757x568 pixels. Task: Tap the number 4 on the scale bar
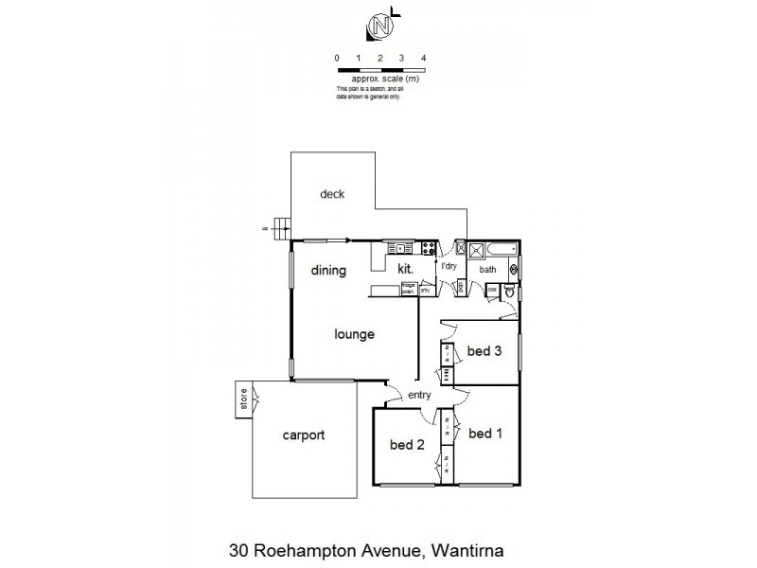(423, 59)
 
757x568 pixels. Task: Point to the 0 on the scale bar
(337, 59)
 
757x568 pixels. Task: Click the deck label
(331, 195)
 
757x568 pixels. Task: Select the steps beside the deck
(280, 225)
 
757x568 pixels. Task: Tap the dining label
(328, 271)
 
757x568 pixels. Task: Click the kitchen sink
(402, 249)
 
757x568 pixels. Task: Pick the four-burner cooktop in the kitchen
(428, 250)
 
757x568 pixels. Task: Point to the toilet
(508, 294)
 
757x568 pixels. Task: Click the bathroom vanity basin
(514, 269)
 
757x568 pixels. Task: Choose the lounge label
(355, 334)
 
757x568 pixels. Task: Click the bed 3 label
(484, 351)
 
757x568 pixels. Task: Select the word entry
(420, 395)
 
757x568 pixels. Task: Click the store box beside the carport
(242, 399)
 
